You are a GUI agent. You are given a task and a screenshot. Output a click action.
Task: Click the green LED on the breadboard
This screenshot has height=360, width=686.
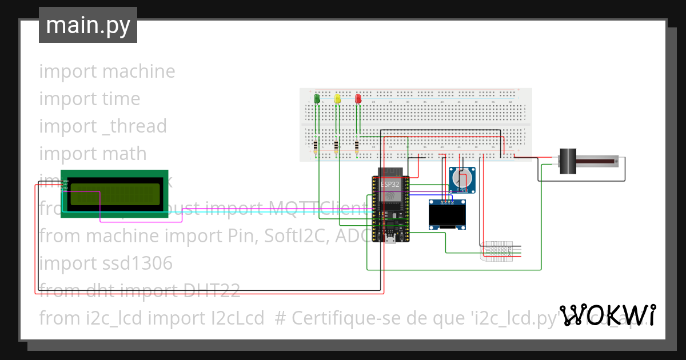coord(317,99)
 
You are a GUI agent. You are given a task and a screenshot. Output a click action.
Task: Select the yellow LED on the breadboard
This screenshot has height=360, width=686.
coord(337,99)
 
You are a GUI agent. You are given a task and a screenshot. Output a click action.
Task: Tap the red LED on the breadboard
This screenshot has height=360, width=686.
coord(358,99)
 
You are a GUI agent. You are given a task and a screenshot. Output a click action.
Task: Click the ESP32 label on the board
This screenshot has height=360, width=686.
coord(390,184)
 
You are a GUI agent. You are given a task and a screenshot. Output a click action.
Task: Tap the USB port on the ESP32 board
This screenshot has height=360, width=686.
coord(390,239)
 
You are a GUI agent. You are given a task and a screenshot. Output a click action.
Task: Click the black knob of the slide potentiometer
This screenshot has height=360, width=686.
coord(567,161)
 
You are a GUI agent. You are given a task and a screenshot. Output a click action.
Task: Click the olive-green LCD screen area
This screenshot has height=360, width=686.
coord(114,194)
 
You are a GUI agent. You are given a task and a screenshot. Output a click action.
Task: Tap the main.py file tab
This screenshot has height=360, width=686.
coord(88,25)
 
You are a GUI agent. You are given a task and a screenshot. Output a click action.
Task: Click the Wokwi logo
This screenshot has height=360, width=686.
coord(608,315)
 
